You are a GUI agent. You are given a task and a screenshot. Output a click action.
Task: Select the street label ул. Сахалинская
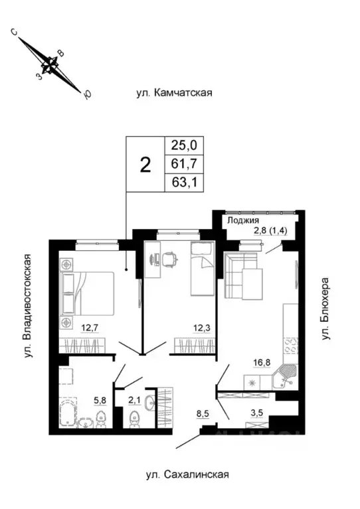(x=187, y=474)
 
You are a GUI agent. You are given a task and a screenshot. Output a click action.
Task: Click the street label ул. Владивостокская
(x=28, y=305)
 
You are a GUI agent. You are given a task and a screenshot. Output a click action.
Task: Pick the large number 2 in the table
(x=144, y=164)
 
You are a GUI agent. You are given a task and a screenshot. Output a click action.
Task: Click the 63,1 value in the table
(x=184, y=182)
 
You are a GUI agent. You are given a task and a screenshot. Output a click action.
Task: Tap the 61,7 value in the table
(x=184, y=163)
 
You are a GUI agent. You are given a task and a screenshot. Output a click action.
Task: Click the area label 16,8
(x=260, y=362)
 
